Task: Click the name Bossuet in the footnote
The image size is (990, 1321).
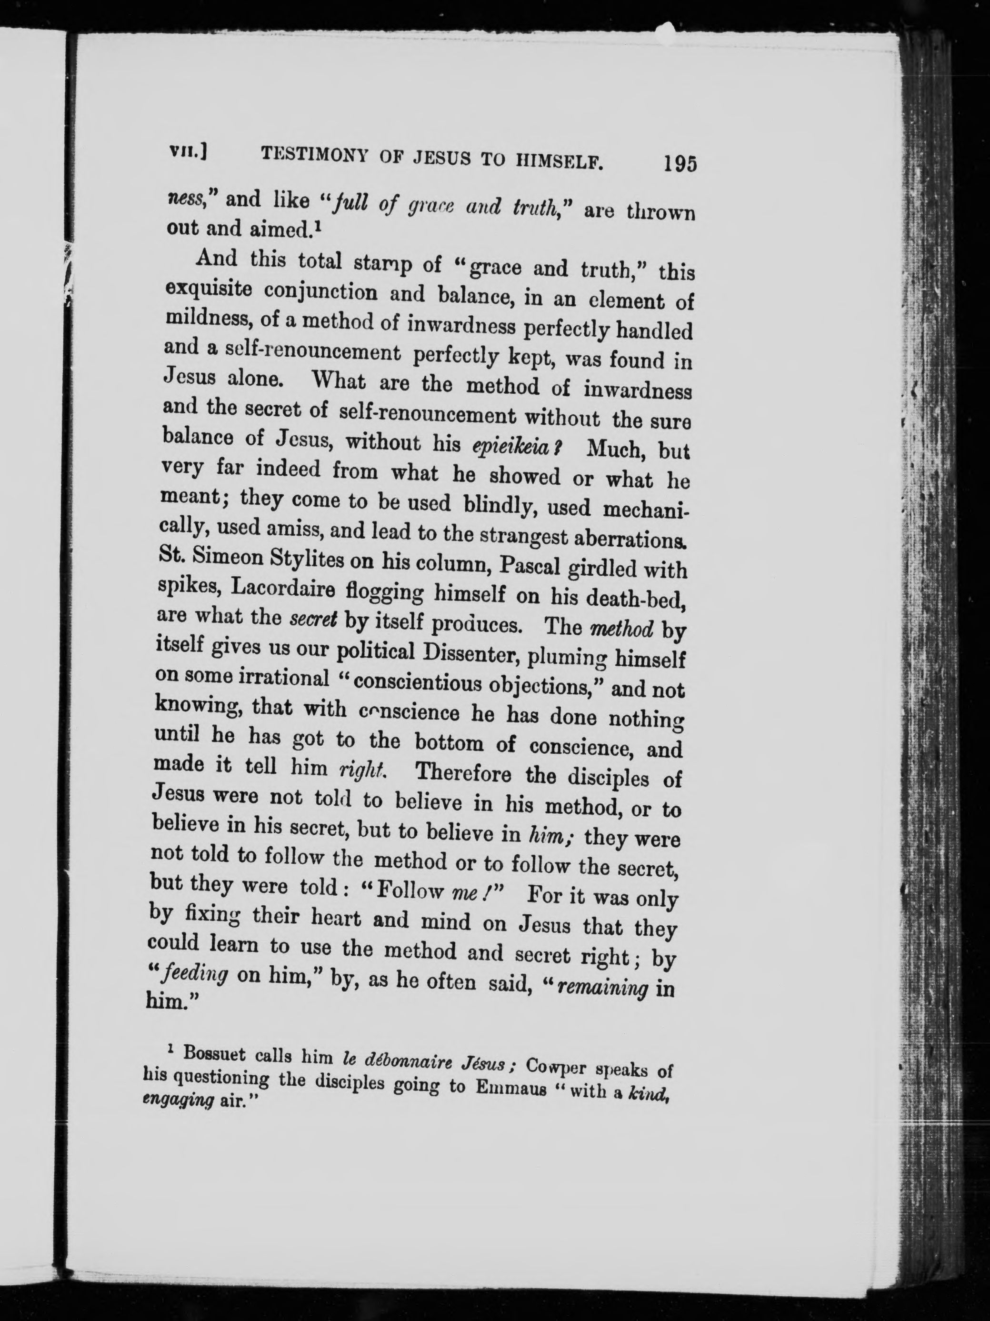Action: point(214,1053)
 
